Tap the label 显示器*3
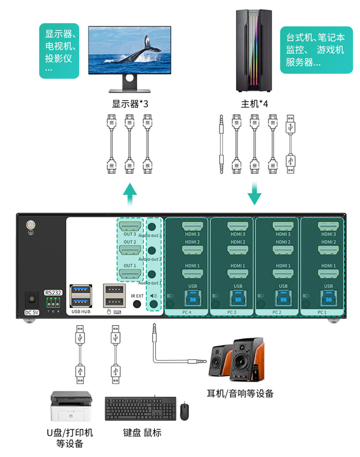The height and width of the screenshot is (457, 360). tap(130, 104)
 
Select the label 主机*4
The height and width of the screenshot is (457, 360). tap(254, 104)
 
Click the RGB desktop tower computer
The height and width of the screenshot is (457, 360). tap(254, 50)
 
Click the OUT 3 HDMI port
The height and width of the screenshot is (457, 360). tap(130, 226)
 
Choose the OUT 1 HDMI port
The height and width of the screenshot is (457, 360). tap(130, 274)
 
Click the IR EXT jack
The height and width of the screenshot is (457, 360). tap(137, 304)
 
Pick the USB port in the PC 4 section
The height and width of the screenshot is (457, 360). tap(192, 298)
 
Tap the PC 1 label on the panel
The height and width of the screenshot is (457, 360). tap(322, 312)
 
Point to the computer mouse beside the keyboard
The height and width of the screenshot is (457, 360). tap(185, 411)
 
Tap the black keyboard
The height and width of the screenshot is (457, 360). tap(140, 409)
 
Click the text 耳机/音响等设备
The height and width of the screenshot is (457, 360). tap(240, 394)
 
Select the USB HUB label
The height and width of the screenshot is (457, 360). tap(81, 311)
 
